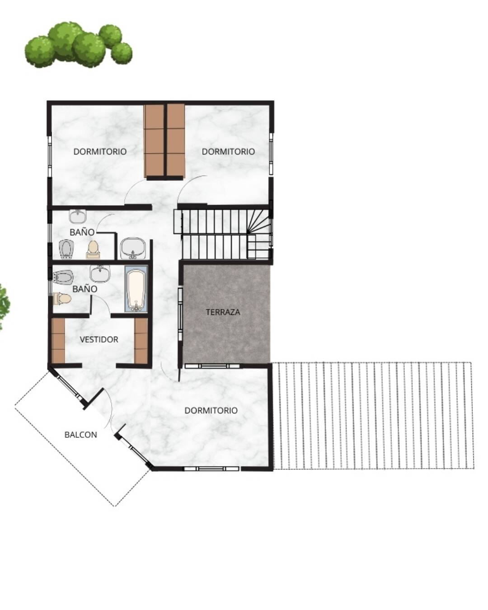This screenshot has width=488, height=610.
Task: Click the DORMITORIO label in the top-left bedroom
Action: pyautogui.click(x=100, y=151)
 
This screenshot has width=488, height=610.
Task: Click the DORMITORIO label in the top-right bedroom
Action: pyautogui.click(x=228, y=151)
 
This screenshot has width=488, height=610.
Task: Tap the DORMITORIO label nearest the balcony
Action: pyautogui.click(x=211, y=410)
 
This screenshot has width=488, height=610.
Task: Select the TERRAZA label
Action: pyautogui.click(x=223, y=312)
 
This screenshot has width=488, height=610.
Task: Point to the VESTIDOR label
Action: pyautogui.click(x=99, y=339)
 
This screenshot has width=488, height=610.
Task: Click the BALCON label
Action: pyautogui.click(x=80, y=435)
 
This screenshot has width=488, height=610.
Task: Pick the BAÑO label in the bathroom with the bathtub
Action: pyautogui.click(x=84, y=289)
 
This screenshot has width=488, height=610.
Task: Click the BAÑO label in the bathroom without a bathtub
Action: pyautogui.click(x=82, y=232)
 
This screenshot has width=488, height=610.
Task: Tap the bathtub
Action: pyautogui.click(x=136, y=289)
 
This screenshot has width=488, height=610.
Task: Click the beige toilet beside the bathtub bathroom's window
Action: pyautogui.click(x=62, y=299)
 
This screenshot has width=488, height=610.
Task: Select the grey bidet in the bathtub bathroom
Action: pyautogui.click(x=63, y=277)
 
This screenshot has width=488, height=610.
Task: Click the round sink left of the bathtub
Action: pyautogui.click(x=100, y=273)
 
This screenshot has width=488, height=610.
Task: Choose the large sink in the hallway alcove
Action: pyautogui.click(x=133, y=249)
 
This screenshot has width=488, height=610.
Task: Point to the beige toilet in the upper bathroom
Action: pyautogui.click(x=93, y=250)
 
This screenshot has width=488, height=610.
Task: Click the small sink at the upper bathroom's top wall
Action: pyautogui.click(x=77, y=216)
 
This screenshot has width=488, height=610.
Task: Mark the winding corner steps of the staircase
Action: pyautogui.click(x=258, y=222)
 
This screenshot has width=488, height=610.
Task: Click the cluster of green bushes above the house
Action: pyautogui.click(x=78, y=45)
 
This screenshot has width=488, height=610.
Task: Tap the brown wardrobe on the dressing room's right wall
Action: pyautogui.click(x=141, y=340)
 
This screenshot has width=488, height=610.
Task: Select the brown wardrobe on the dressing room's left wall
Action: pyautogui.click(x=58, y=340)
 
